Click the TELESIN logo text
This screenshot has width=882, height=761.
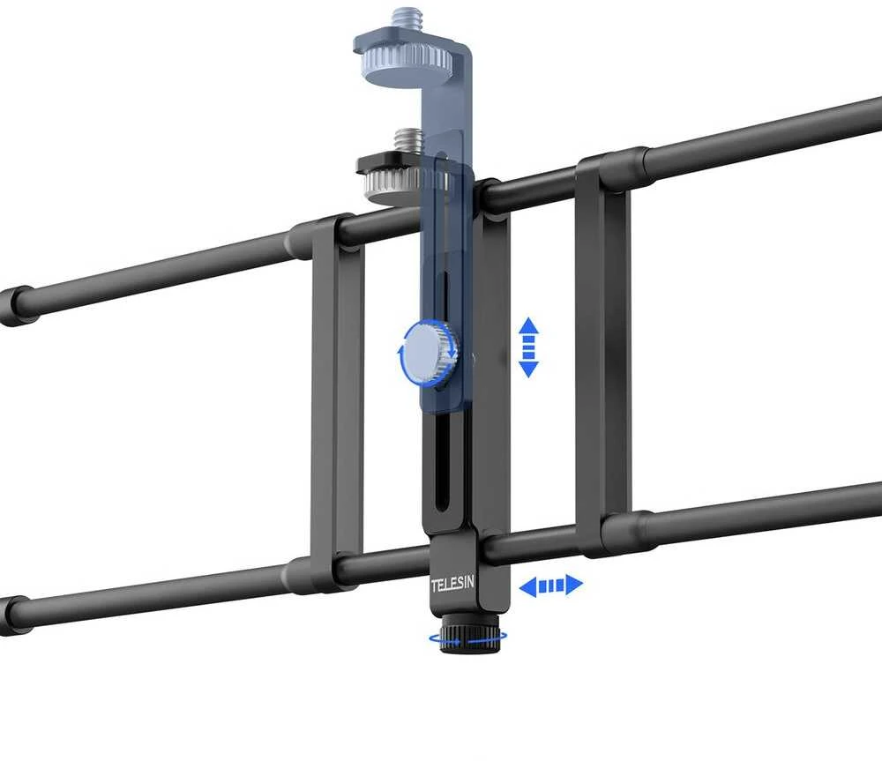pyautogui.click(x=452, y=585)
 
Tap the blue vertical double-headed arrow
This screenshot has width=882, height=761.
pyautogui.click(x=528, y=347)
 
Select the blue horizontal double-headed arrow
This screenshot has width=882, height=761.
pyautogui.click(x=550, y=586)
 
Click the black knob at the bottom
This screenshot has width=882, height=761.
pyautogui.click(x=470, y=633)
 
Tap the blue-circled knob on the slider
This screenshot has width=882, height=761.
pyautogui.click(x=430, y=354)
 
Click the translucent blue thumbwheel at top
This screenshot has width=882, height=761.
pyautogui.click(x=404, y=66)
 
